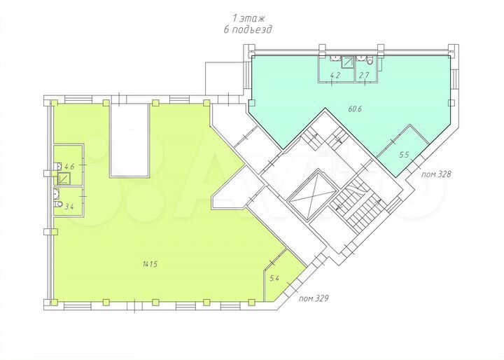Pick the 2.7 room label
[364, 74]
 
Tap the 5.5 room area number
[404, 155]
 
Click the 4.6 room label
[69, 167]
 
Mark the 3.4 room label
[69, 207]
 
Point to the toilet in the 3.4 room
[56, 195]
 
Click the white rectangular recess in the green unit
[129, 140]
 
